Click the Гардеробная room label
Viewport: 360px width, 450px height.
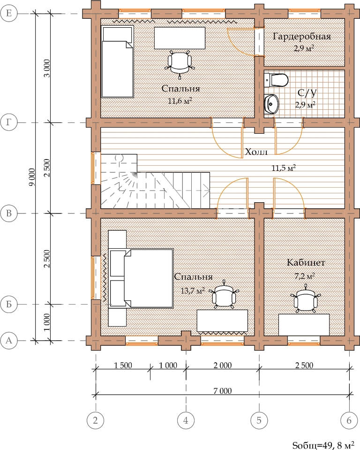pos(302,37)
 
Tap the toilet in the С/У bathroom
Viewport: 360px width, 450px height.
pos(276,80)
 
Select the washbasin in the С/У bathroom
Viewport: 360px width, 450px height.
pos(271,104)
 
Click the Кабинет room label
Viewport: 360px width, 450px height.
pos(306,262)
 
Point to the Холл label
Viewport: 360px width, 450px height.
pos(256,152)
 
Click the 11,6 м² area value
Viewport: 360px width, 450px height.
pos(180,101)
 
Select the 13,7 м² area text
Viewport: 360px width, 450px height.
pos(192,291)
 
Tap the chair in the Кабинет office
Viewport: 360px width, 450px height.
pos(306,299)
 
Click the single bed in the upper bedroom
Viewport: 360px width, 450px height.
pos(118,62)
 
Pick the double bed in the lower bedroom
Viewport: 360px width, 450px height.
pos(141,278)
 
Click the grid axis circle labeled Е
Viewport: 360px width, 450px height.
pos(9,13)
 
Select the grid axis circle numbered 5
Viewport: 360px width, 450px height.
pos(259,420)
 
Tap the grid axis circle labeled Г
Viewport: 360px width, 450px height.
pos(9,122)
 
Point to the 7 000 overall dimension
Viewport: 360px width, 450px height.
pos(222,391)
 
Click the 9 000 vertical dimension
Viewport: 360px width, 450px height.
pos(32,177)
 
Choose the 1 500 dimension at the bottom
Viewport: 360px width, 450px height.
pos(123,366)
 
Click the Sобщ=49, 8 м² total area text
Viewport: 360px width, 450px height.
pos(323,445)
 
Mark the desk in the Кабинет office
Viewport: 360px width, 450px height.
pos(304,325)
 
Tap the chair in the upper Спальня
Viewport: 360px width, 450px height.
pos(180,64)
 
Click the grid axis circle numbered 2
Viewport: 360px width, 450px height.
pos(96,420)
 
